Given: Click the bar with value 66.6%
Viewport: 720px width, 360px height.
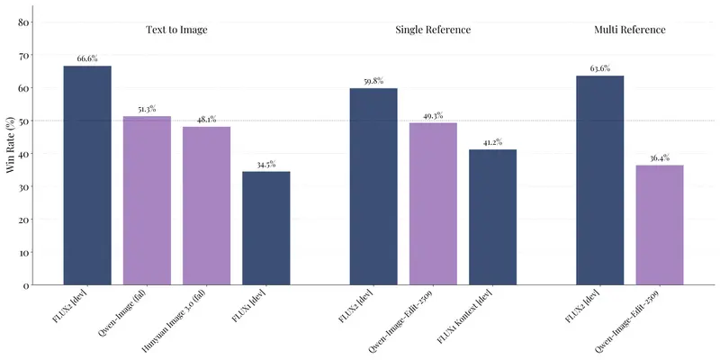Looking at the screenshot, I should (x=87, y=175).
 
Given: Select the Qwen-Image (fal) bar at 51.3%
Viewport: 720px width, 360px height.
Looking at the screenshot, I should (x=147, y=201).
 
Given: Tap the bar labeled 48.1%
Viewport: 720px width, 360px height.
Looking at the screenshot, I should (x=206, y=206).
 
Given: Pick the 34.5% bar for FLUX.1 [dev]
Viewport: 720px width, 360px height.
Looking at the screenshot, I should (x=266, y=229).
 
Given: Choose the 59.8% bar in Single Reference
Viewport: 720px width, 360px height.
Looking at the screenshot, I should (x=373, y=186).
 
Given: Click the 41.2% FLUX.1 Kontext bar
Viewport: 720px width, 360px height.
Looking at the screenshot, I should (x=492, y=217).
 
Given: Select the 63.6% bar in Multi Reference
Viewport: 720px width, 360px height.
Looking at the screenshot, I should (x=600, y=180).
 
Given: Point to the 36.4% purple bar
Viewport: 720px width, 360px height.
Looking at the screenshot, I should (x=660, y=225).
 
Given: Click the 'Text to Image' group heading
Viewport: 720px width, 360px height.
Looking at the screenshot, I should (x=176, y=30).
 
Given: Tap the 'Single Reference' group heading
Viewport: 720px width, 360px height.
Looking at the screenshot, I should (x=433, y=30).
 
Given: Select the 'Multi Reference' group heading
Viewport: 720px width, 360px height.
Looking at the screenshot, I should (x=630, y=30).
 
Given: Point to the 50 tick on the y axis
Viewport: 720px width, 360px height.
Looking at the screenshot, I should (x=24, y=121).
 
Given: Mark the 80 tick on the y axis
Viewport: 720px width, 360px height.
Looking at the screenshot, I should (x=24, y=22).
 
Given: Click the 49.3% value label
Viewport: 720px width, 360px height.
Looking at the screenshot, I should (x=433, y=115).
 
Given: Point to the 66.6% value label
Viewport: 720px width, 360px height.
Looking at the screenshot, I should (x=87, y=58).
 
